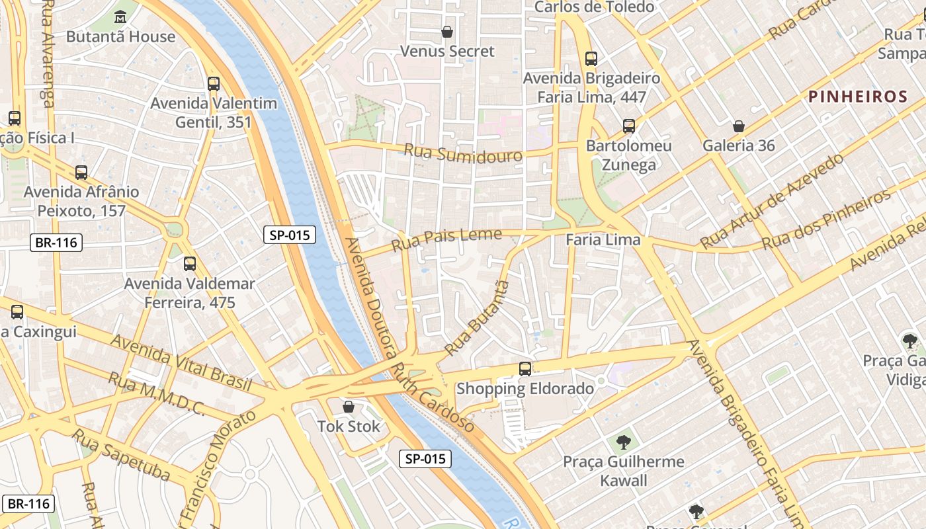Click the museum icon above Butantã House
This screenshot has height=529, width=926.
[x=120, y=17]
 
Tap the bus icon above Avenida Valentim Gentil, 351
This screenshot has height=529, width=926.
[x=213, y=84]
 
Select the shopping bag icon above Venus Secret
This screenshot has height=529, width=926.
[x=447, y=31]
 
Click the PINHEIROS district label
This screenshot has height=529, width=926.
[x=858, y=97]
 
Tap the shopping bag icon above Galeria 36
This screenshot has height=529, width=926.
[x=739, y=126]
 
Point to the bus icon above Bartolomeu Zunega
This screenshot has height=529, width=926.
[x=629, y=126]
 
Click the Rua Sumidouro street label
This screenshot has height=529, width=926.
[x=462, y=153]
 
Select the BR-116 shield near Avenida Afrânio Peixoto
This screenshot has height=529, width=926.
[x=56, y=243]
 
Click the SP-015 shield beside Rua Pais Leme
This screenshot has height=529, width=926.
[x=290, y=235]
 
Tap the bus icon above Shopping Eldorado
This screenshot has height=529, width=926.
[x=525, y=369]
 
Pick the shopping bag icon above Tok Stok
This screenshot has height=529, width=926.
[x=349, y=407]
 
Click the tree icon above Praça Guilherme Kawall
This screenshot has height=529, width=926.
[x=623, y=442]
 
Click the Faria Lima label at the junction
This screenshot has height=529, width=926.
[x=603, y=240]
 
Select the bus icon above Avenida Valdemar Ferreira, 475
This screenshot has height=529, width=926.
[x=190, y=264]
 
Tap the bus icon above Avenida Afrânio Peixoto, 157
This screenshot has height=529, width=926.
[x=81, y=173]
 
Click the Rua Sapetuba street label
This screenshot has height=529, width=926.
[x=121, y=456]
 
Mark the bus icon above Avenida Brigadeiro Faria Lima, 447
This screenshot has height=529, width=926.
[x=591, y=59]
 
